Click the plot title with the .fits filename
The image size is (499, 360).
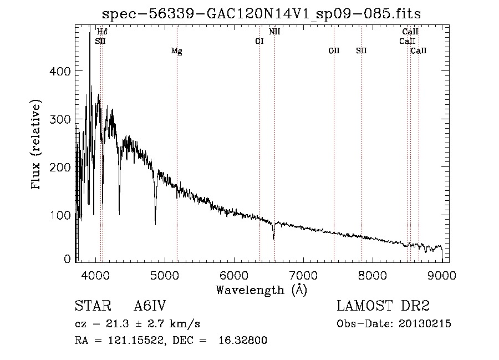click(x=261, y=14)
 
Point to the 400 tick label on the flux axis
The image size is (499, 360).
click(x=60, y=71)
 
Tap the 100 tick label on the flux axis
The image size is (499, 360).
click(x=60, y=215)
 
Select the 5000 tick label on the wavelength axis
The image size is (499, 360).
click(x=165, y=275)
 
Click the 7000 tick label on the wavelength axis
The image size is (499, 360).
click(x=304, y=275)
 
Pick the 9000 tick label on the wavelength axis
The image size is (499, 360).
click(x=442, y=275)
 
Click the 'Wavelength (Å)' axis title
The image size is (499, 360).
click(x=262, y=290)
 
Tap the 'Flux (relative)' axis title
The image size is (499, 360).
click(x=35, y=145)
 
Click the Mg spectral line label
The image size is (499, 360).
click(x=177, y=51)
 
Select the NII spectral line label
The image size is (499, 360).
click(x=274, y=32)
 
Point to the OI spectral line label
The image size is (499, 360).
click(x=259, y=42)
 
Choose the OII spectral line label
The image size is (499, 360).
click(x=334, y=50)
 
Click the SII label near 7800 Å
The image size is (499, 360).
click(x=361, y=50)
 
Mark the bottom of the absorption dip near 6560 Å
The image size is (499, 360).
click(x=273, y=239)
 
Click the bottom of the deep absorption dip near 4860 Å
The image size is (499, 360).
click(x=155, y=225)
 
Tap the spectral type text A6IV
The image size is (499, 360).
click(x=150, y=306)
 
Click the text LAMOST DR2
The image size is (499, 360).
click(x=383, y=306)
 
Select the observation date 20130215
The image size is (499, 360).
click(x=425, y=324)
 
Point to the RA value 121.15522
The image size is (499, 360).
click(x=136, y=340)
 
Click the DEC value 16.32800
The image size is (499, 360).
click(x=242, y=340)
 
